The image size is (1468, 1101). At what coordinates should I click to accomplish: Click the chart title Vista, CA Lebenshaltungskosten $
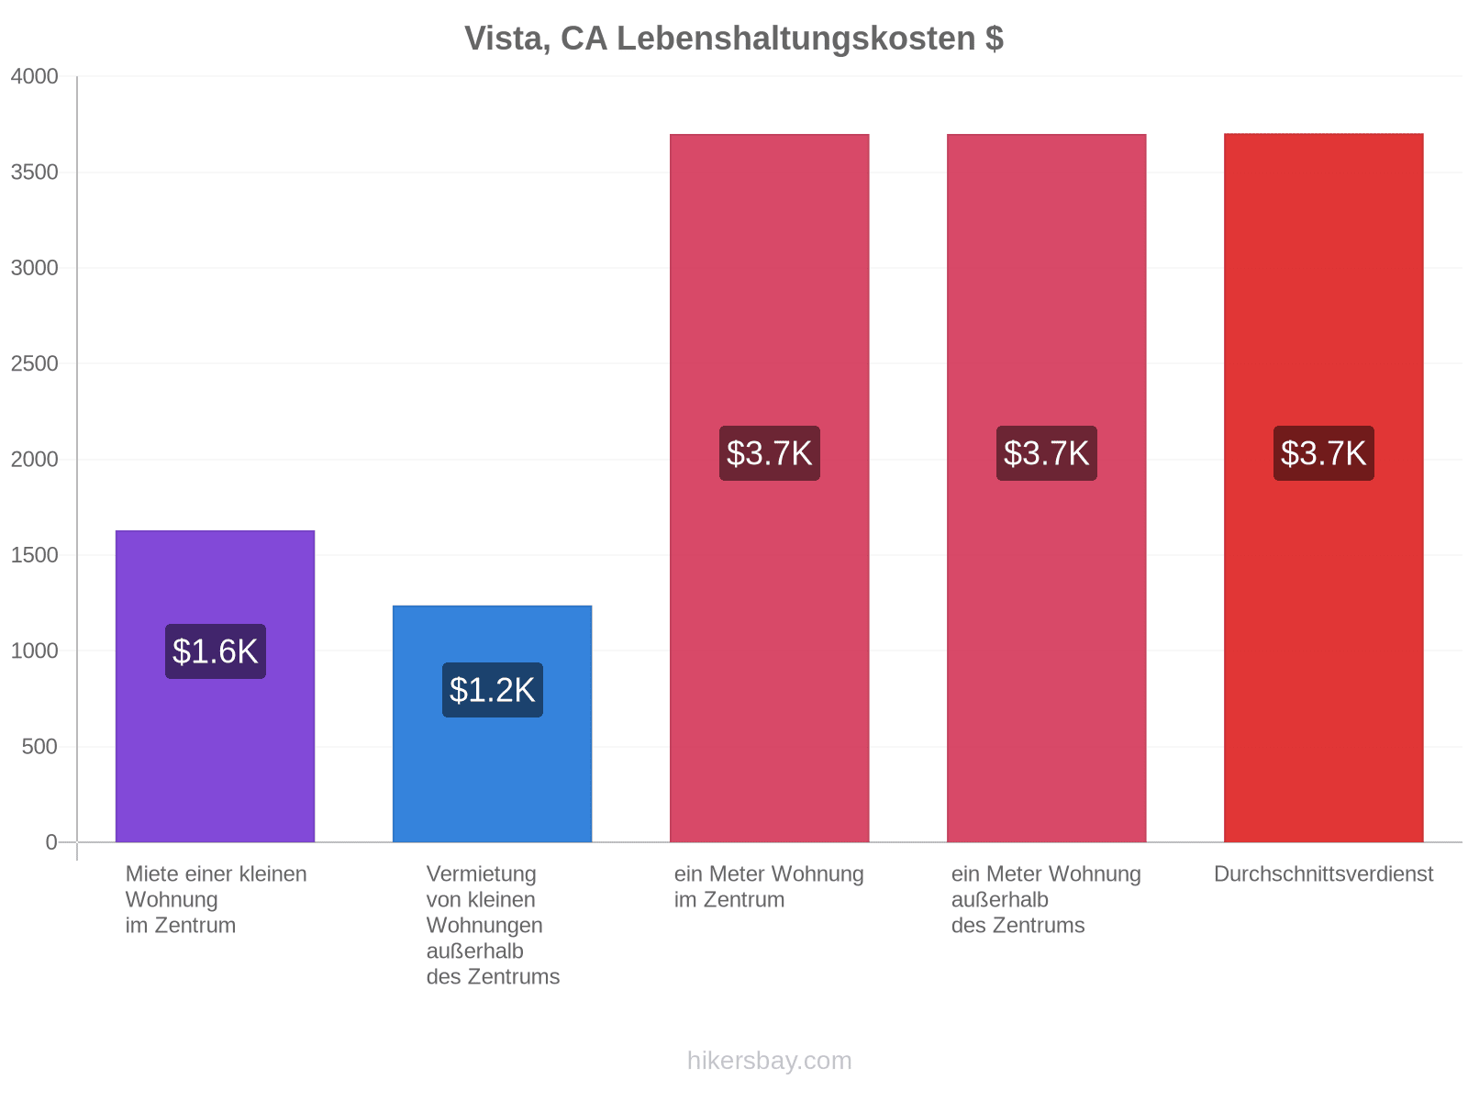(734, 39)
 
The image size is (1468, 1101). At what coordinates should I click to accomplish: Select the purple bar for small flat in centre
(215, 686)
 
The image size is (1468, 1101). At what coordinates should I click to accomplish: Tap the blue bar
(492, 723)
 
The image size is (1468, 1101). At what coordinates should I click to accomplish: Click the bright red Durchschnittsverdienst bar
(1323, 487)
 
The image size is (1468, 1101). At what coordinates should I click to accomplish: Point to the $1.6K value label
(216, 651)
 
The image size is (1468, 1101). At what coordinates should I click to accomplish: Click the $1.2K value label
(492, 690)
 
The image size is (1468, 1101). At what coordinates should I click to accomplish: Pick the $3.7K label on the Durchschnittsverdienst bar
(1323, 453)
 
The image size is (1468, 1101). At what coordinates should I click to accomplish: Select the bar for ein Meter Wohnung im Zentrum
(769, 488)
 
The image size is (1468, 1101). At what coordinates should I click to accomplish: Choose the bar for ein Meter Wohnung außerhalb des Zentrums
(1046, 488)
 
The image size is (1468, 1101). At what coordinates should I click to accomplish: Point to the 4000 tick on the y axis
(34, 76)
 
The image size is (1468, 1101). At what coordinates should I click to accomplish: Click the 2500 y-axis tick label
(34, 363)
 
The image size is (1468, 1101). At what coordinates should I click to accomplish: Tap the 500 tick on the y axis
(39, 746)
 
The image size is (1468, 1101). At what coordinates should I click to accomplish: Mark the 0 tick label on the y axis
(51, 842)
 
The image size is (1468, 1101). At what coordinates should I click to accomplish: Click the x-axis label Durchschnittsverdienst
(1323, 873)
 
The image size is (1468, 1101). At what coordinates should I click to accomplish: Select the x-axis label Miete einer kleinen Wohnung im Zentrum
(216, 900)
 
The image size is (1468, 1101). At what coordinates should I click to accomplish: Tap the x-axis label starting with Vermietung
(493, 925)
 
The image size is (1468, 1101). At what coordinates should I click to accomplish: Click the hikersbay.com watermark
(769, 1061)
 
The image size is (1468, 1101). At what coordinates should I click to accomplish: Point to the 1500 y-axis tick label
(34, 555)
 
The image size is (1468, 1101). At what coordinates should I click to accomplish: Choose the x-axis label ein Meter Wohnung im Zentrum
(769, 886)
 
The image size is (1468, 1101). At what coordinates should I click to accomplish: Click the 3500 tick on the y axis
(34, 172)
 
